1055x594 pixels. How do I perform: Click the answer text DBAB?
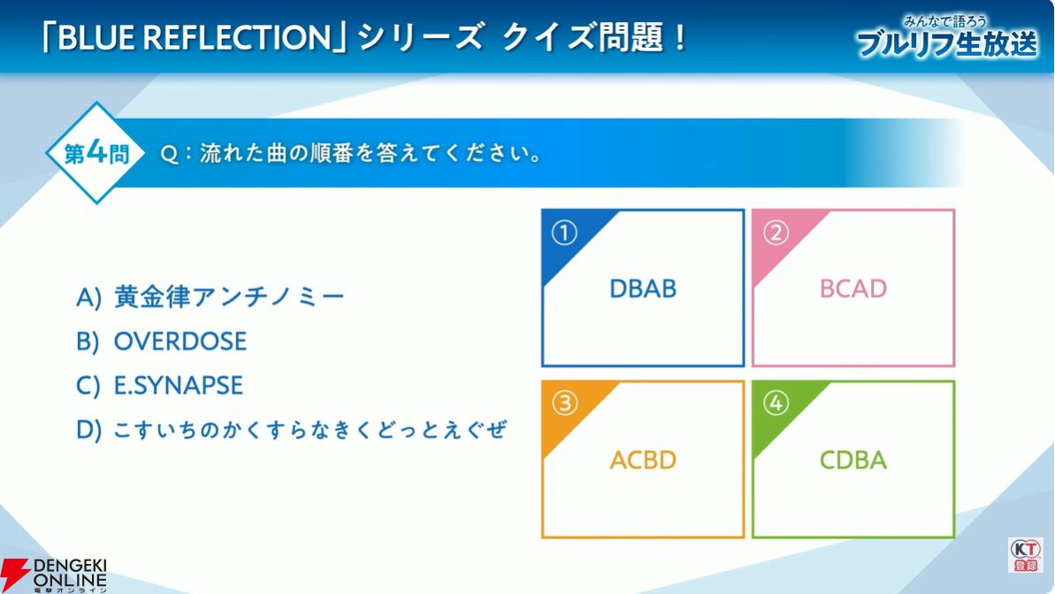[x=643, y=289]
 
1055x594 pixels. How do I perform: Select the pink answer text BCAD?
[x=853, y=289]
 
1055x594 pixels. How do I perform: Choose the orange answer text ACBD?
[x=643, y=460]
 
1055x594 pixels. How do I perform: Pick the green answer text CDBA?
[x=853, y=460]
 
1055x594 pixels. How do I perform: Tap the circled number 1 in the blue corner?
[x=564, y=233]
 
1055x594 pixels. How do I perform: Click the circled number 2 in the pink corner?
[x=775, y=233]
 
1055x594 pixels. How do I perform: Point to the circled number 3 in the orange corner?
[x=564, y=404]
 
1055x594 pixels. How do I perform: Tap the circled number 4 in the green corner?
[x=775, y=404]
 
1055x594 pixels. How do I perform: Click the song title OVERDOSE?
[x=180, y=342]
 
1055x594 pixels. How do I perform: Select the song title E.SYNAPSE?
[x=179, y=385]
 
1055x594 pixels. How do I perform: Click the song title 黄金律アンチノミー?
[x=229, y=297]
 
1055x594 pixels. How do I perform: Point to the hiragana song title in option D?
[x=310, y=429]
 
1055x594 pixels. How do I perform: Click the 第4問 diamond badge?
[x=96, y=153]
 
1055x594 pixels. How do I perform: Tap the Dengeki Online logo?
[x=54, y=575]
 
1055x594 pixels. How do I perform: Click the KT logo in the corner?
[x=1026, y=556]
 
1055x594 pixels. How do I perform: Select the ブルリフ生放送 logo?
[x=947, y=38]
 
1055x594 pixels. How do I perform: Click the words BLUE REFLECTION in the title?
[x=195, y=38]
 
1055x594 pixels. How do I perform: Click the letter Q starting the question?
[x=170, y=154]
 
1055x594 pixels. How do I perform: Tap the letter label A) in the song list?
[x=88, y=297]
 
